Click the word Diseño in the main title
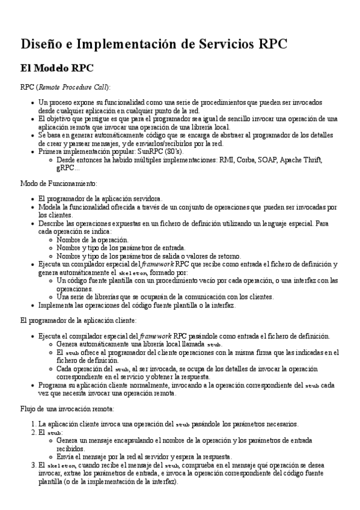coord(41,44)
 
